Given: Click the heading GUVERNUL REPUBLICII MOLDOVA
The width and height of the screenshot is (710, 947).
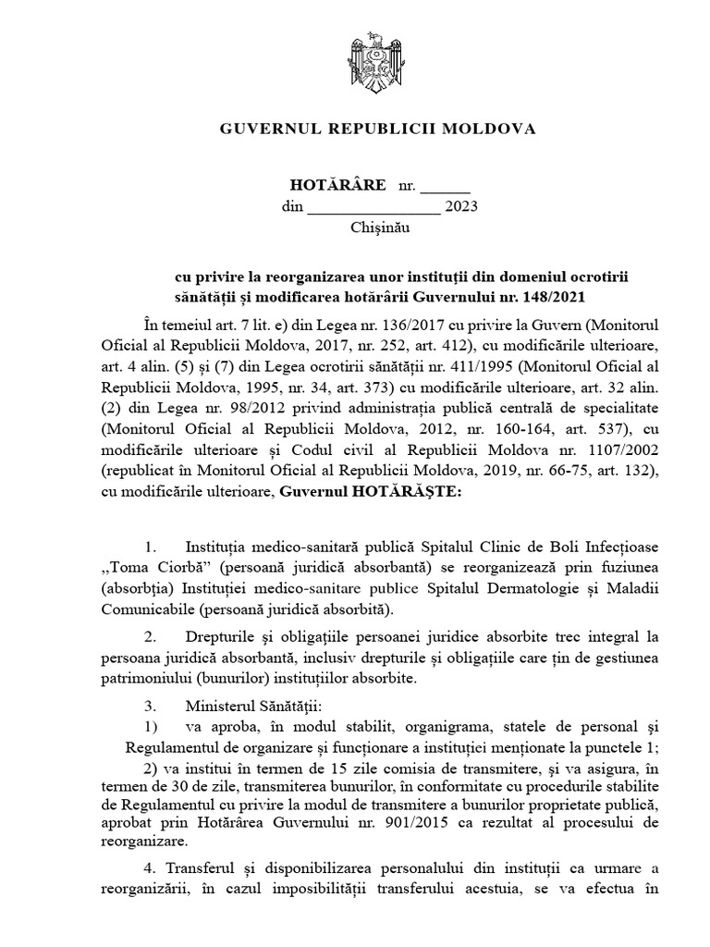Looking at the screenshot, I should coord(377,129).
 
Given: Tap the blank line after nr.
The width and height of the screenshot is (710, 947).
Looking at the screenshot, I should coord(446,186).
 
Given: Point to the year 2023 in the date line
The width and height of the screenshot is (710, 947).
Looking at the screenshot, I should coord(461,207).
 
